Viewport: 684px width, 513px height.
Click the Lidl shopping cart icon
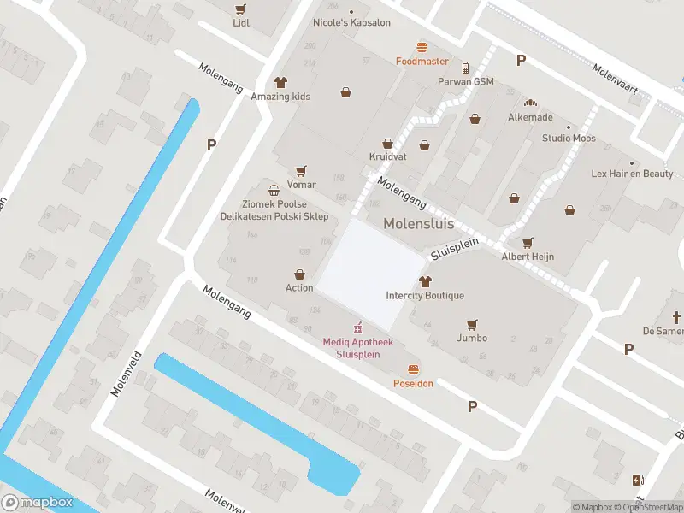240,9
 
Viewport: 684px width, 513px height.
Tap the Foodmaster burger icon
422,47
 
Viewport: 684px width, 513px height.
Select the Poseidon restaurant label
413,384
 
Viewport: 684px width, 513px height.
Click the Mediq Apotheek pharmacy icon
358,327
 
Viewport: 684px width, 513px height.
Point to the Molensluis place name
418,224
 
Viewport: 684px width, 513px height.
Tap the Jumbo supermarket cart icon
472,324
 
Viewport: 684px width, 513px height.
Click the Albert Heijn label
528,256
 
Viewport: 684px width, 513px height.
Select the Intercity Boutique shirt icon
425,281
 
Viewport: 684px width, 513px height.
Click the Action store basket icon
299,274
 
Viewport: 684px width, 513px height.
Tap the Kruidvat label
387,157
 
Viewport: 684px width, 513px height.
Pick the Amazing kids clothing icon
280,82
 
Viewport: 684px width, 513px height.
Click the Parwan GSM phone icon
465,68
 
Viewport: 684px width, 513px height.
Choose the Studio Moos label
569,138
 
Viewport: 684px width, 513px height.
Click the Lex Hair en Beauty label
632,174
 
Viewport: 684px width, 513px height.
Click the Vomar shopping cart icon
300,171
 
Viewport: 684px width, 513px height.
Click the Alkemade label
530,117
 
